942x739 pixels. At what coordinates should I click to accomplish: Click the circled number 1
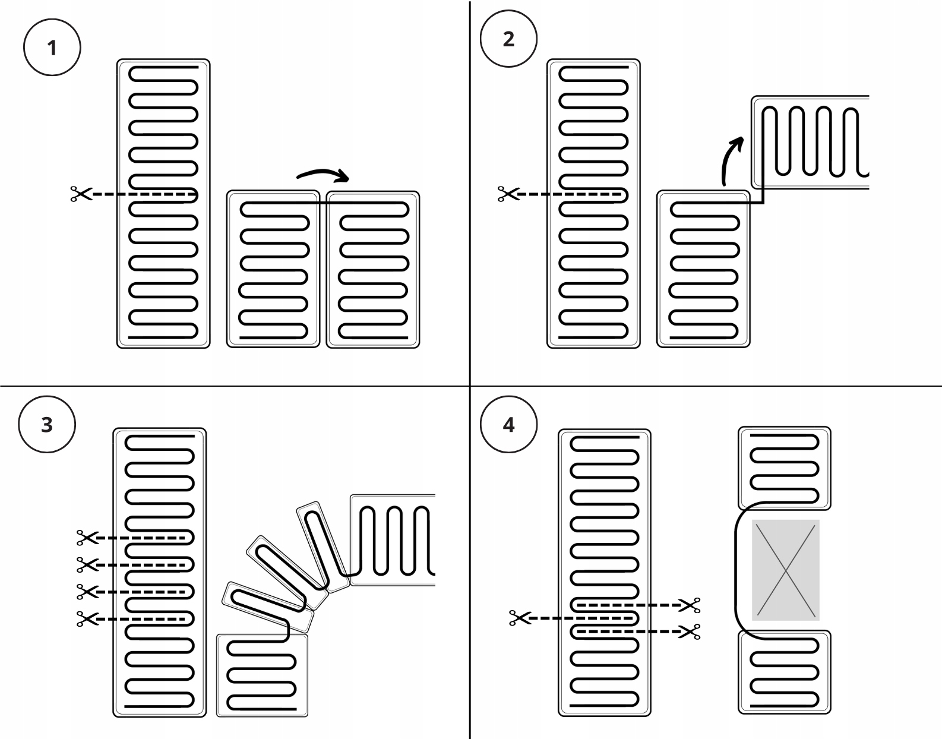(x=52, y=48)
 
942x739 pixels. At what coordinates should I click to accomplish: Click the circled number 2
(x=508, y=39)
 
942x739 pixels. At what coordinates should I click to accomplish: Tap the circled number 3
(x=47, y=425)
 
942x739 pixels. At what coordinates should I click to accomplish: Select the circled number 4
(x=508, y=425)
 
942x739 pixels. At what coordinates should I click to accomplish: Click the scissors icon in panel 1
(x=81, y=194)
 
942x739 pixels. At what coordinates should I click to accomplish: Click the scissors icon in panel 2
(x=508, y=194)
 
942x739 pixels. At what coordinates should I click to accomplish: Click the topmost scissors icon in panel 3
(x=87, y=538)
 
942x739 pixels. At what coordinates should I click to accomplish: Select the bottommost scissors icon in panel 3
(x=87, y=619)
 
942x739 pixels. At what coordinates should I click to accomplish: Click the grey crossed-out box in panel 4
(x=785, y=570)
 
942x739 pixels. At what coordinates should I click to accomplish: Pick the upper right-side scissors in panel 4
(x=690, y=605)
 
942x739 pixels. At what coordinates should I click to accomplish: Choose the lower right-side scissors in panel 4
(x=690, y=632)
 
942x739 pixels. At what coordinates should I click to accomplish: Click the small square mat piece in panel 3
(x=262, y=675)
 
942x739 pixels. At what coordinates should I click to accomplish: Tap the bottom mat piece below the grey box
(x=784, y=672)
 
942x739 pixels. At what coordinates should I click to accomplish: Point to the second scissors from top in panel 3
(x=87, y=564)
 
